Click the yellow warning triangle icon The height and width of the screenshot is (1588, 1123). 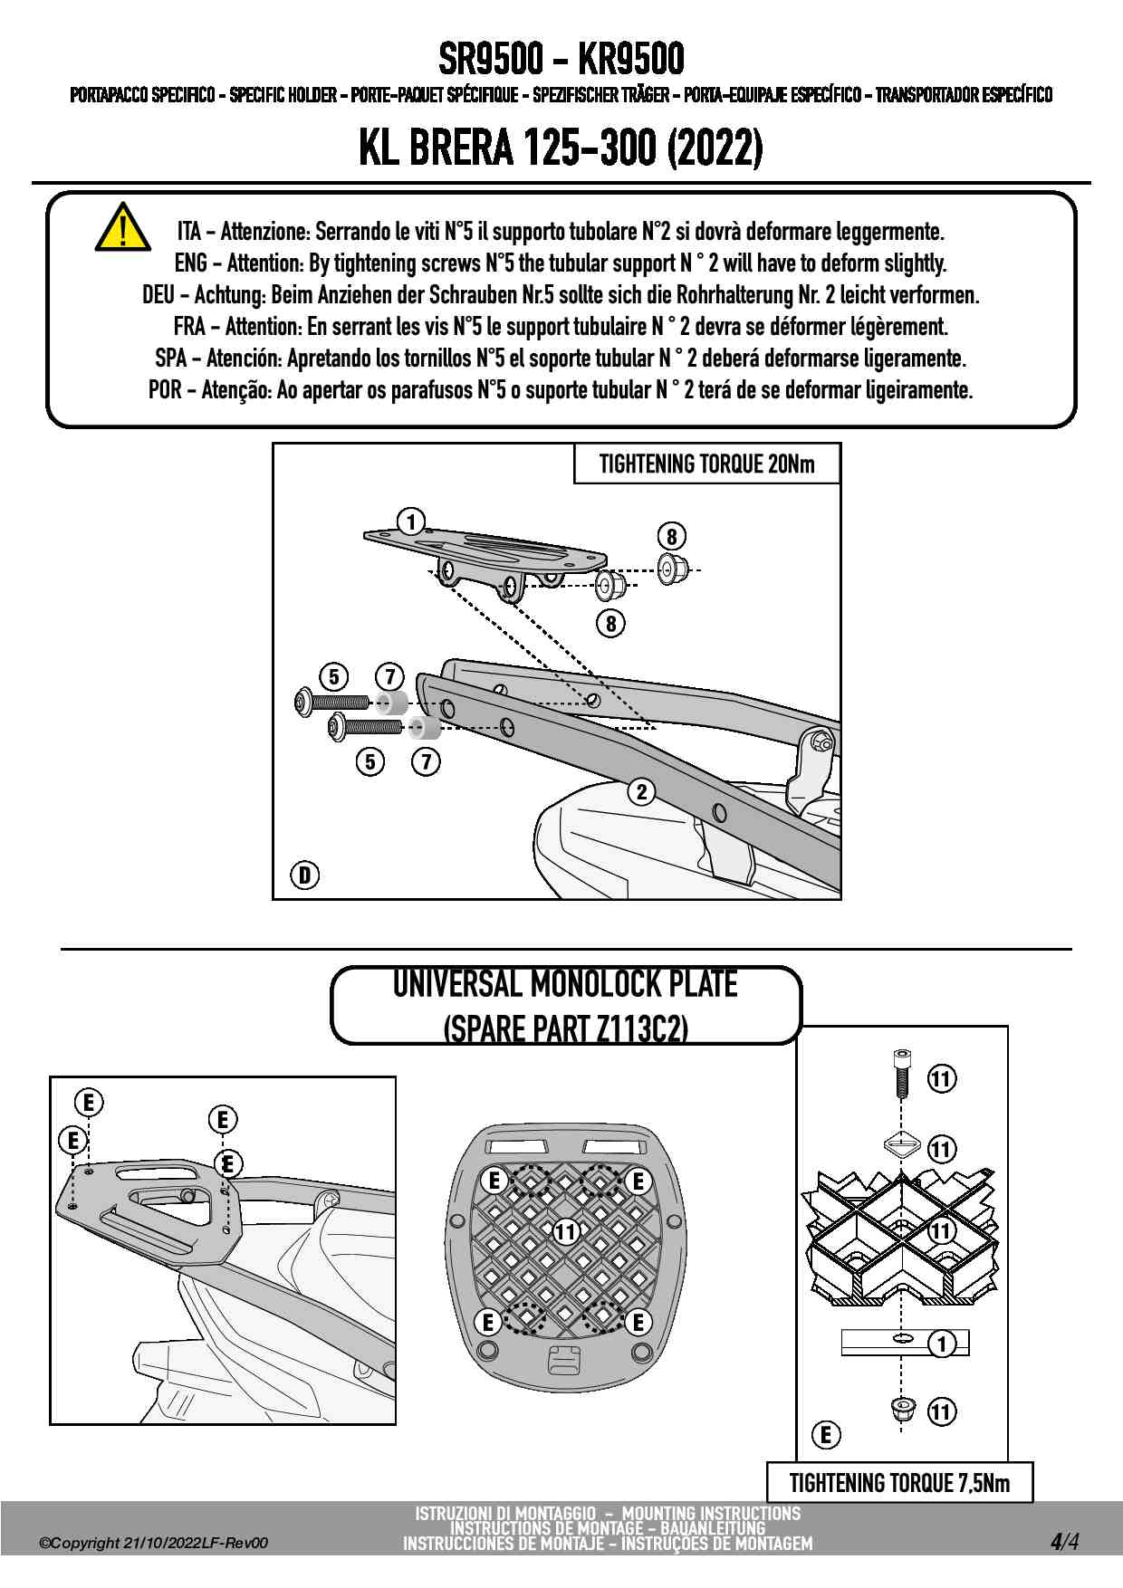click(x=122, y=228)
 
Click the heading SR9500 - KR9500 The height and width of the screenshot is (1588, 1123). click(x=561, y=60)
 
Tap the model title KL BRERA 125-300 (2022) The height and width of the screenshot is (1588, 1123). click(x=561, y=148)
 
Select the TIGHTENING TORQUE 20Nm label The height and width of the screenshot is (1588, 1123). click(x=706, y=464)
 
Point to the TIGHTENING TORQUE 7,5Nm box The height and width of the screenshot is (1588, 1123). click(x=899, y=1483)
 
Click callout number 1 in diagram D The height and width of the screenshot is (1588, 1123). click(x=411, y=521)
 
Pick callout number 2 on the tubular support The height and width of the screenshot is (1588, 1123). click(x=641, y=791)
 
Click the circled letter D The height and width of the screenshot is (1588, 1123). click(x=305, y=875)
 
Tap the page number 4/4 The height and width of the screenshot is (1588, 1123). click(x=1064, y=1542)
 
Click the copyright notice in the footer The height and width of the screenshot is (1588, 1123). click(x=154, y=1543)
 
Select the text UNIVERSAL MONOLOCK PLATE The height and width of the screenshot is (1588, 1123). click(x=565, y=984)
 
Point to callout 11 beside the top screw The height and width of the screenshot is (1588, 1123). click(x=942, y=1078)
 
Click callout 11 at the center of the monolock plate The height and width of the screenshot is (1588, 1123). click(x=566, y=1231)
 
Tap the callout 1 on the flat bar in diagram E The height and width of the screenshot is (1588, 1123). click(x=943, y=1344)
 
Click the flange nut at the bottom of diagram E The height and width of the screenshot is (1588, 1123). click(x=902, y=1409)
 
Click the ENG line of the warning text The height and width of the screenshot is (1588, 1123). click(x=561, y=263)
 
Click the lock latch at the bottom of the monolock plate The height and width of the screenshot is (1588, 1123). click(x=562, y=1361)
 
